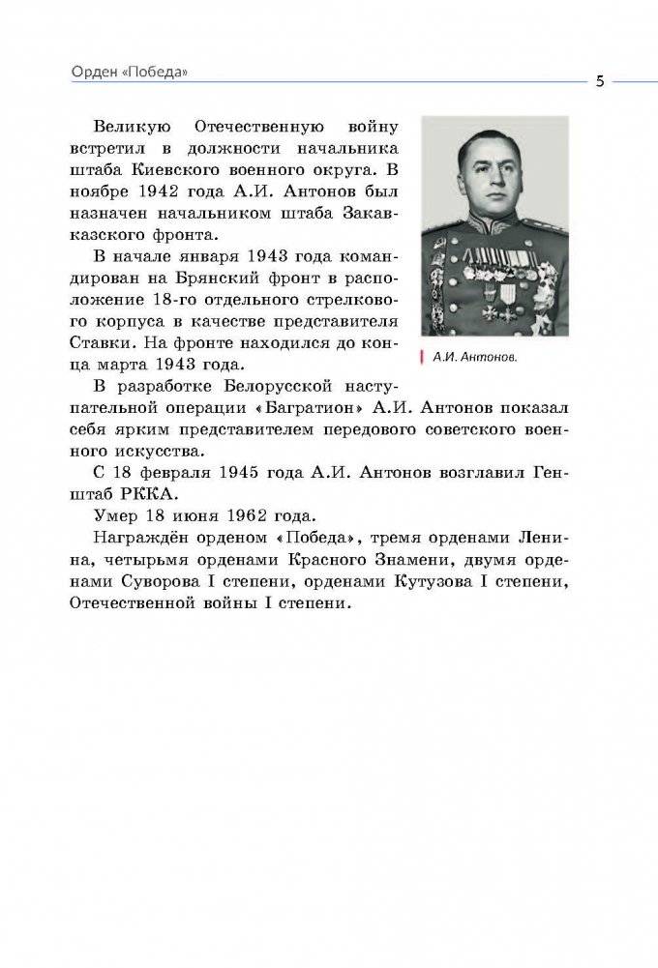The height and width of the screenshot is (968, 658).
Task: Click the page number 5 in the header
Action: [600, 80]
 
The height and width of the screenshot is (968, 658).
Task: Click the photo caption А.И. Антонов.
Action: [474, 357]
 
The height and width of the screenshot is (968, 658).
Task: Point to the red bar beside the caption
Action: [422, 357]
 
